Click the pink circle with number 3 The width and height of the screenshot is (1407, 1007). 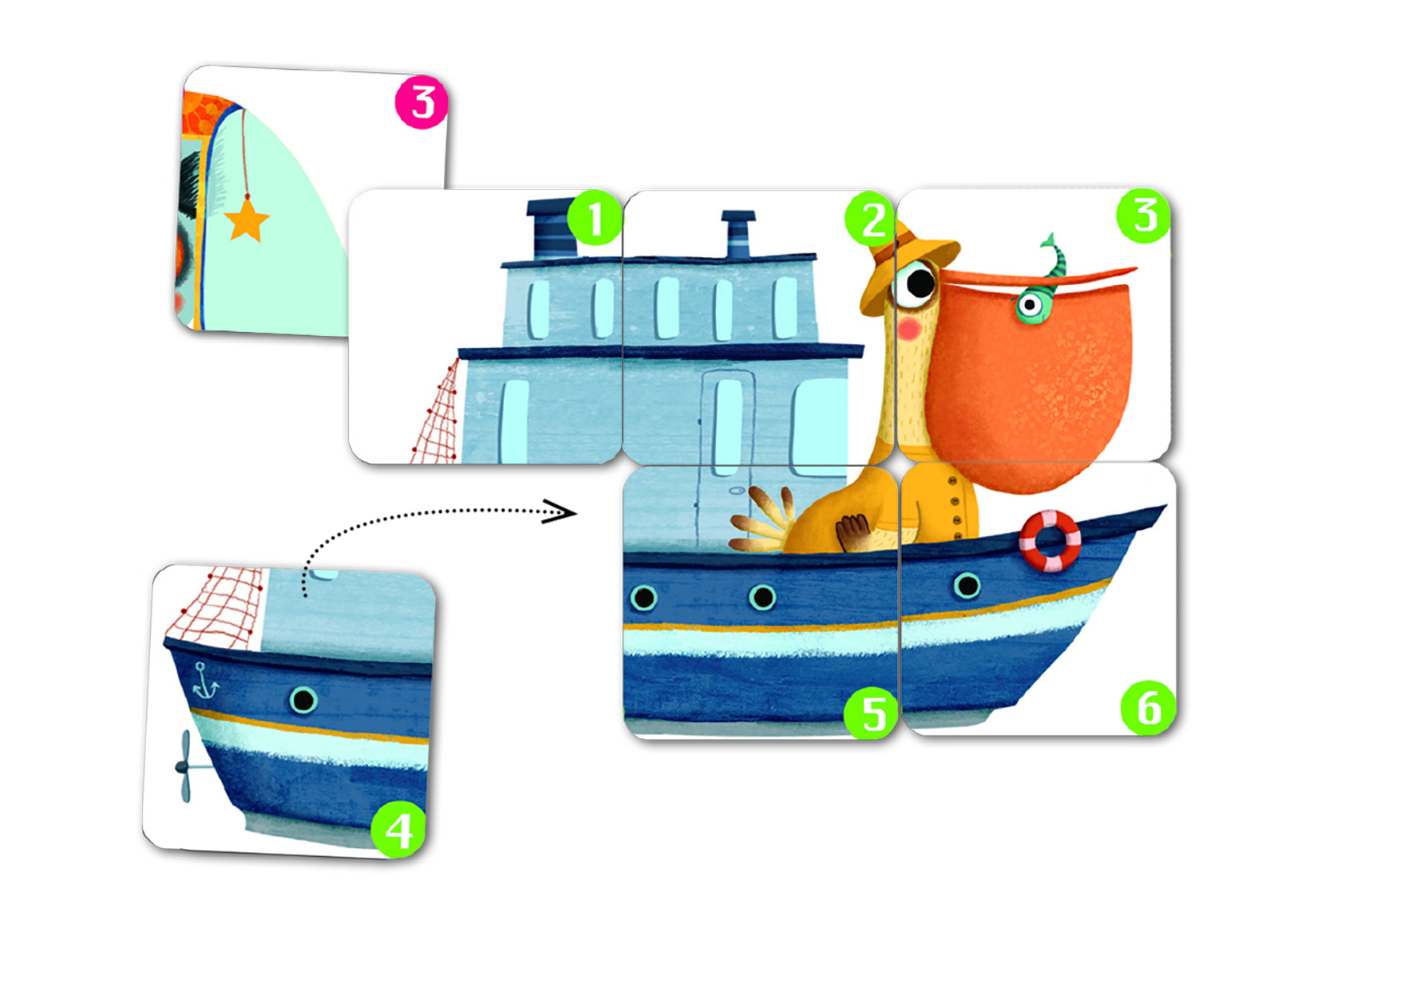pos(422,102)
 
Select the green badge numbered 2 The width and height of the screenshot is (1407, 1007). pos(872,218)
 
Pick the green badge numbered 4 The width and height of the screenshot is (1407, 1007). pos(399,829)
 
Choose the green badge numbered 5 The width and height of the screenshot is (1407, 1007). pos(871,712)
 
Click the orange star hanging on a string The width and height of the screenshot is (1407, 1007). pos(247,220)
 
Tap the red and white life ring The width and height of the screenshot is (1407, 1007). pos(1050,541)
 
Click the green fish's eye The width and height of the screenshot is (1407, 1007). pos(1029,304)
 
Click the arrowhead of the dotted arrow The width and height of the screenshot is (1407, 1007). pos(559,511)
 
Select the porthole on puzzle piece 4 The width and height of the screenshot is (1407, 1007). pos(303,700)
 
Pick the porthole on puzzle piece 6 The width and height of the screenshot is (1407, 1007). pos(967,586)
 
